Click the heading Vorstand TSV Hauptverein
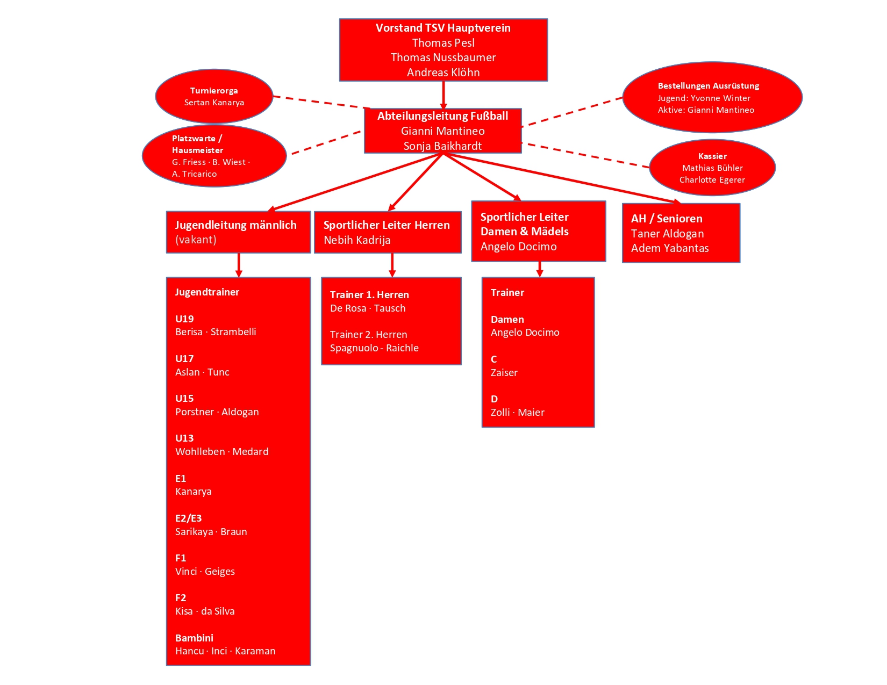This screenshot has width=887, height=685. (x=443, y=28)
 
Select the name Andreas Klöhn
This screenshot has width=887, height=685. (x=443, y=73)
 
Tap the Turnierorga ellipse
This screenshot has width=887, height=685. (x=214, y=96)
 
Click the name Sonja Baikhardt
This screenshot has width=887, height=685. (x=442, y=146)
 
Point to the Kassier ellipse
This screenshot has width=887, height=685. (x=712, y=168)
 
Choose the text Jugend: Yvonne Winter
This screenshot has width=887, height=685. (x=704, y=98)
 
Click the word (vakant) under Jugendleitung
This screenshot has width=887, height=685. (x=196, y=240)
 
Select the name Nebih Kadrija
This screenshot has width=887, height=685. (x=357, y=240)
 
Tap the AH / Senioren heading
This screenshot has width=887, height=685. (x=667, y=219)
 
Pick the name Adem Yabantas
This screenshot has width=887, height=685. (x=670, y=248)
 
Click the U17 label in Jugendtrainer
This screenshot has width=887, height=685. (x=184, y=359)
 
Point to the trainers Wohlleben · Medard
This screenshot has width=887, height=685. (x=221, y=452)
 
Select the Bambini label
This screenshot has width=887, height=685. (x=194, y=638)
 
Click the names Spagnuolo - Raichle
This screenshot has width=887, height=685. (x=374, y=348)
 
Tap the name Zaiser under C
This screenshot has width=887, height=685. (x=504, y=373)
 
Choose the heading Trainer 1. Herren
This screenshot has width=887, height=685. (x=369, y=295)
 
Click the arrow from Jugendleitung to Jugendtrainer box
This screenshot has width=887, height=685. (x=239, y=265)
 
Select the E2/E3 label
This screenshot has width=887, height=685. (x=188, y=518)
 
